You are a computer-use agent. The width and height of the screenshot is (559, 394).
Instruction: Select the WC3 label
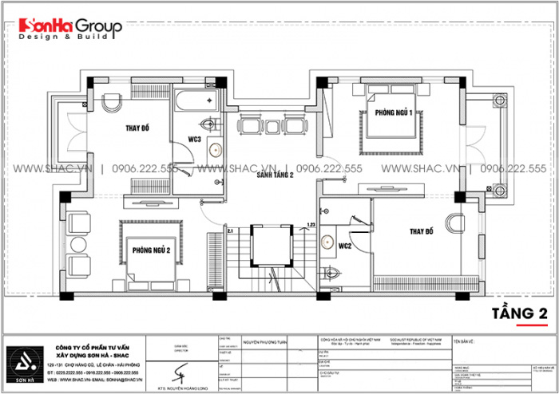coord(195,140)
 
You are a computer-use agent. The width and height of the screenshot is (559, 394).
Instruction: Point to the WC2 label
coord(345,246)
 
